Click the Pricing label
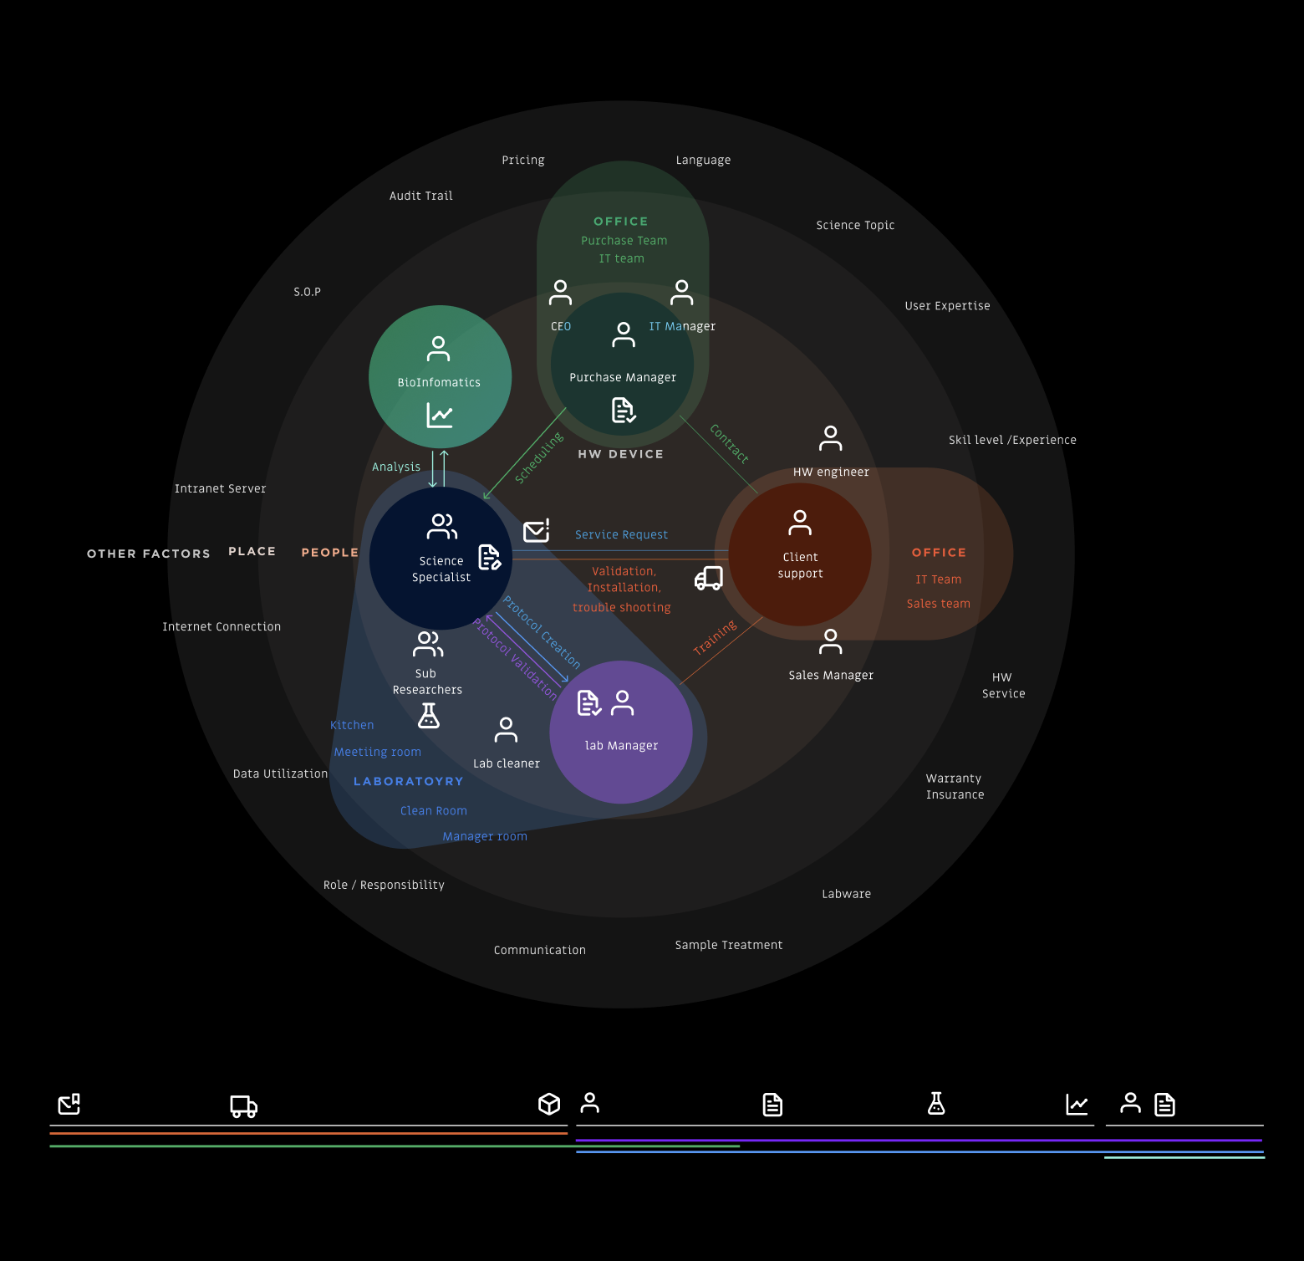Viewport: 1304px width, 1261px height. (x=523, y=161)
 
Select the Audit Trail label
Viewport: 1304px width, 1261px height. (x=421, y=197)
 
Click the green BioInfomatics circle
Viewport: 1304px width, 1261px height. (x=440, y=376)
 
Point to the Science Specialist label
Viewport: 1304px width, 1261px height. (x=441, y=569)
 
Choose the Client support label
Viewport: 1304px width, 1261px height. (x=800, y=565)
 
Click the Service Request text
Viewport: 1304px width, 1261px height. (x=621, y=535)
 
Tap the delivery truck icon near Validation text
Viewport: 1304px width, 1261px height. (x=709, y=578)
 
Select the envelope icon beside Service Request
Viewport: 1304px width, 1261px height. (x=536, y=531)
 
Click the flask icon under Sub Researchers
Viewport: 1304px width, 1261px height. (x=429, y=716)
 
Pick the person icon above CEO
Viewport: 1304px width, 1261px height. (x=560, y=293)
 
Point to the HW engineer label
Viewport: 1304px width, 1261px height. (x=831, y=472)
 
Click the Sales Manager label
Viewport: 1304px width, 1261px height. (x=831, y=676)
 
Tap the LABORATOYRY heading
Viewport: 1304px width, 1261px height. (x=409, y=782)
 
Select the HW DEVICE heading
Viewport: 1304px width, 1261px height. (x=621, y=454)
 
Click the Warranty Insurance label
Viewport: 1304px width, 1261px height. (x=955, y=787)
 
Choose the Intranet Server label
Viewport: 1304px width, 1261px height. (x=221, y=489)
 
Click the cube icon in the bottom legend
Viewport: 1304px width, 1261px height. (x=549, y=1104)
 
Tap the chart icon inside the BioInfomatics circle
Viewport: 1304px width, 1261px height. (x=440, y=415)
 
